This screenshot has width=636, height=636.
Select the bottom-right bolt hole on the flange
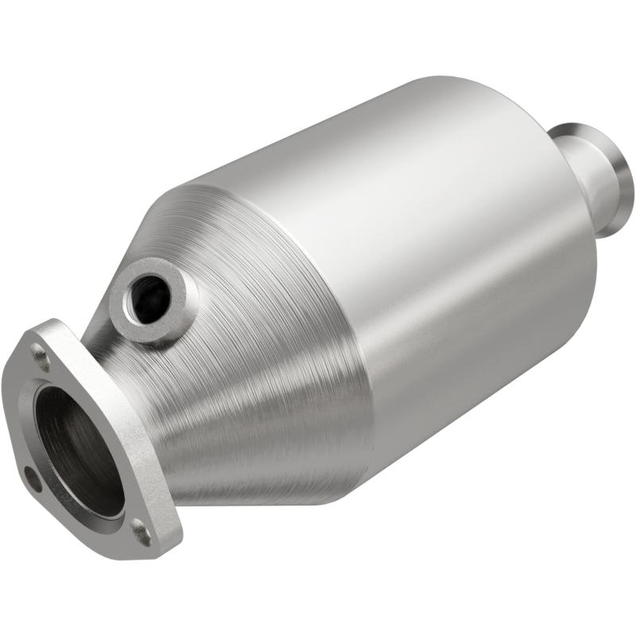142,531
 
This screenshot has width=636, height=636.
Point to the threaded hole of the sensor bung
150,298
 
